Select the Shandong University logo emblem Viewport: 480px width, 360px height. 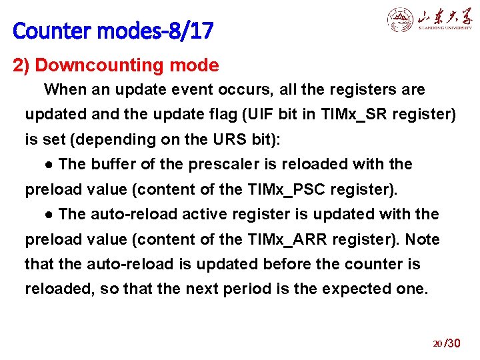pyautogui.click(x=400, y=20)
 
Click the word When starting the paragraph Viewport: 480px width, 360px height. pyautogui.click(x=65, y=89)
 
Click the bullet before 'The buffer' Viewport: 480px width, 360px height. pyautogui.click(x=49, y=165)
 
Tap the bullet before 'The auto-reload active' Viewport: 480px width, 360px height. pyautogui.click(x=49, y=215)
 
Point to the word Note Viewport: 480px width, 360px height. pyautogui.click(x=423, y=239)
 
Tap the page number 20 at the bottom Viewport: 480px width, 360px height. pyautogui.click(x=437, y=344)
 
